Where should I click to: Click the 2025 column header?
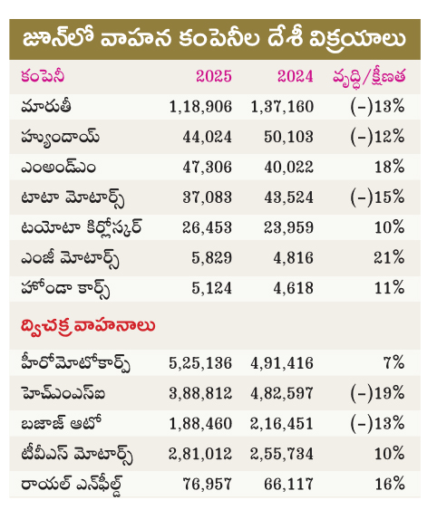(x=214, y=76)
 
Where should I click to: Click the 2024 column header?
(x=296, y=76)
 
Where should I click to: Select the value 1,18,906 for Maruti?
(x=200, y=107)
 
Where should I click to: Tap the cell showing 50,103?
(x=288, y=137)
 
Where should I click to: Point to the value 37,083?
(x=207, y=197)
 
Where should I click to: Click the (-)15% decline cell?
(x=377, y=197)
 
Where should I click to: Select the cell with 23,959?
(x=288, y=227)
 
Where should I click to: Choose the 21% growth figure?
(x=389, y=257)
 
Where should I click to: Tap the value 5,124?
(x=211, y=288)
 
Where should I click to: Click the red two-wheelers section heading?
(x=88, y=326)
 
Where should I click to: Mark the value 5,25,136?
(x=200, y=363)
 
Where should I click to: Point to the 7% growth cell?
(x=394, y=363)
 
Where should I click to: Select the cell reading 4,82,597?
(x=282, y=393)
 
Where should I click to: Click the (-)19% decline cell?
(x=377, y=393)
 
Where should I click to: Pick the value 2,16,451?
(x=282, y=423)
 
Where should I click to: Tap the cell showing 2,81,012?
(x=200, y=454)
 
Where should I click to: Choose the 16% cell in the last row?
(x=390, y=484)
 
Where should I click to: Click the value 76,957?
(x=207, y=484)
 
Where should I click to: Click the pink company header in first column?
(x=43, y=77)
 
